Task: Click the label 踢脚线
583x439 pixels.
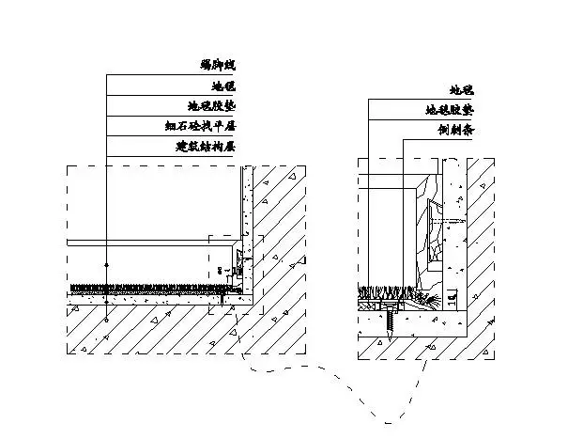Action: click(218, 65)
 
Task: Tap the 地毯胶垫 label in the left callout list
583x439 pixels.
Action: click(212, 106)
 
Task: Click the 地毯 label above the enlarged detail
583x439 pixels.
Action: click(461, 91)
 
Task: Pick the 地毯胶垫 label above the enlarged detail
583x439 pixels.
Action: click(449, 111)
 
